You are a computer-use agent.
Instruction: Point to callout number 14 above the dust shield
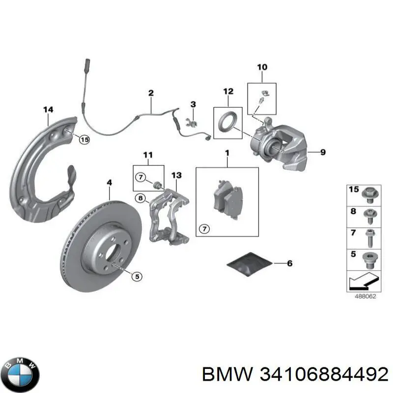point(48,110)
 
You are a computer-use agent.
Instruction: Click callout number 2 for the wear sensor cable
point(151,93)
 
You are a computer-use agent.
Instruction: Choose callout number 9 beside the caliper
point(323,152)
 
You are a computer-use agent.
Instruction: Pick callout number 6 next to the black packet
point(289,264)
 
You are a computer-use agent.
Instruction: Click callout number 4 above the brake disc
point(109,183)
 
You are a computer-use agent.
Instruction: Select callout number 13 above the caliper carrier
point(176,175)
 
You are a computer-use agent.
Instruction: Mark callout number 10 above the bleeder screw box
point(262,67)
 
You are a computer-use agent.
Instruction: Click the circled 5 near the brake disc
point(137,277)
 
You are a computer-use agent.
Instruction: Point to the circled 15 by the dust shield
point(84,140)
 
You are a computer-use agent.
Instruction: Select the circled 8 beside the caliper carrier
point(141,199)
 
